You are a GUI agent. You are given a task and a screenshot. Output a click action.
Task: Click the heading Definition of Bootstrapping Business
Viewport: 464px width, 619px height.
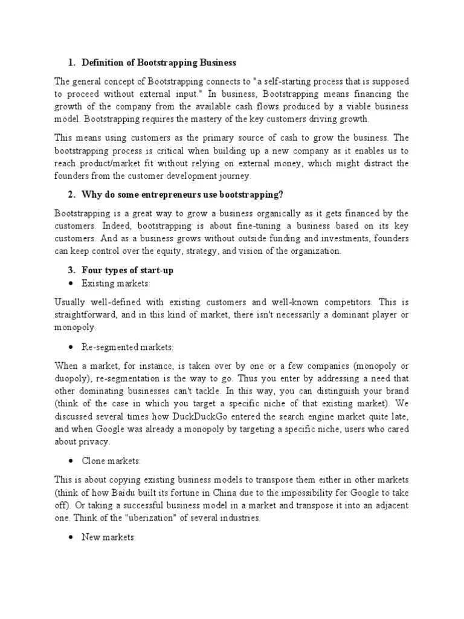(159, 63)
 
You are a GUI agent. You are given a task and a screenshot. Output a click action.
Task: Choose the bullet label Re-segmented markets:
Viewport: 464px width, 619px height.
(127, 348)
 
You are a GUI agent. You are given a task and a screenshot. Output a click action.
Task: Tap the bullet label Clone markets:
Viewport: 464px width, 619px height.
(111, 461)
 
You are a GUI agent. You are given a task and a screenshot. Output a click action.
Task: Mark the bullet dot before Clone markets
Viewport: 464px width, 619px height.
(71, 461)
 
